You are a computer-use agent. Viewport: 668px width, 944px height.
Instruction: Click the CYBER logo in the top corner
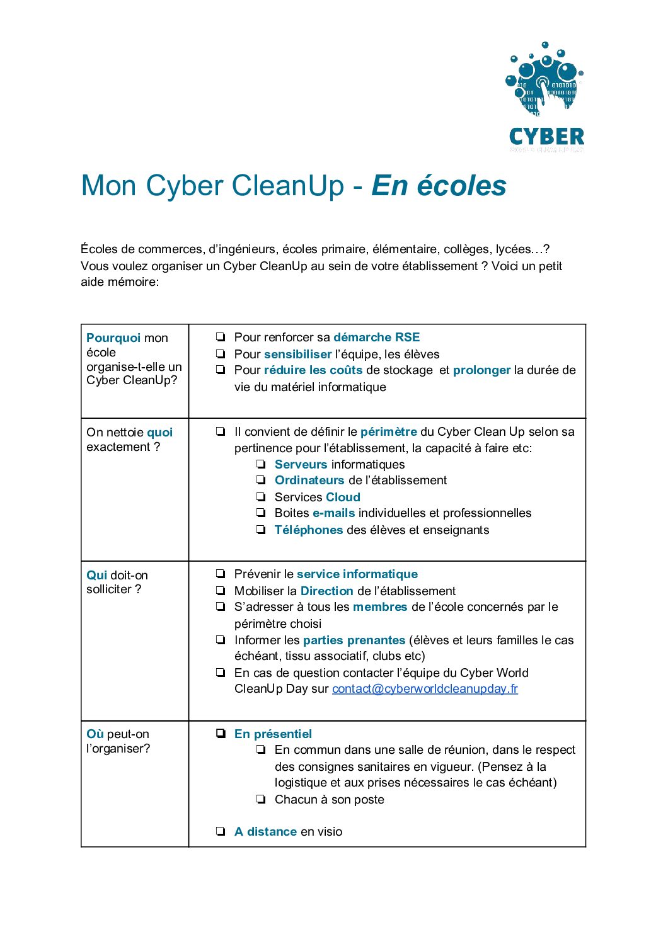pyautogui.click(x=546, y=97)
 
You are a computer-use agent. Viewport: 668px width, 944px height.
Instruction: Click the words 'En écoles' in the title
pyautogui.click(x=439, y=186)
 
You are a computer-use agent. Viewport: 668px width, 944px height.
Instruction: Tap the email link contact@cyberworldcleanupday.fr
pyautogui.click(x=425, y=689)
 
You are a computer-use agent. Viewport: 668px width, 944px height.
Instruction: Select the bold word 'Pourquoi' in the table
pyautogui.click(x=113, y=338)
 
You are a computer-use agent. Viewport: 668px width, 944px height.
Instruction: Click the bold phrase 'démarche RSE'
pyautogui.click(x=376, y=337)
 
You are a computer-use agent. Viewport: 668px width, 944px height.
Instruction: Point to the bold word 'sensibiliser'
pyautogui.click(x=297, y=354)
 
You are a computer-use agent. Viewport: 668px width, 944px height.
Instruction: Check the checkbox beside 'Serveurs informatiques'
pyautogui.click(x=261, y=464)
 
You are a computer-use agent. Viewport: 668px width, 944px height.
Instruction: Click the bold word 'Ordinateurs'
pyautogui.click(x=309, y=480)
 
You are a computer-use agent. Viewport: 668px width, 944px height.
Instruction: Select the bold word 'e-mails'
pyautogui.click(x=333, y=513)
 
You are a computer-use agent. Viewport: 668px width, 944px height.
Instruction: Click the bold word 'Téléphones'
pyautogui.click(x=309, y=530)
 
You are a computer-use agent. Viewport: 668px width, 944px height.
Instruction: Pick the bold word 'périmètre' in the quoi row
pyautogui.click(x=388, y=431)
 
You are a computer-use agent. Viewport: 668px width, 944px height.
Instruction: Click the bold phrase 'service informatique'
pyautogui.click(x=357, y=574)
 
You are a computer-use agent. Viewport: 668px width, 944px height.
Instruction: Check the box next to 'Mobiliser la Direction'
pyautogui.click(x=221, y=591)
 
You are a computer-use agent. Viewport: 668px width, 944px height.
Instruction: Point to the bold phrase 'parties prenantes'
pyautogui.click(x=354, y=640)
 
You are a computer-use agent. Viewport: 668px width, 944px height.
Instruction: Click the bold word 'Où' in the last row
pyautogui.click(x=95, y=734)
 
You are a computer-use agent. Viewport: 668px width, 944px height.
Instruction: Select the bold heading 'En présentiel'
pyautogui.click(x=273, y=734)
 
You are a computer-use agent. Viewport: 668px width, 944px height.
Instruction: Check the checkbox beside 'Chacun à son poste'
pyautogui.click(x=261, y=799)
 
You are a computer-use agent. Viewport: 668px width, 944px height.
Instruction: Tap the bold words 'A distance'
pyautogui.click(x=265, y=831)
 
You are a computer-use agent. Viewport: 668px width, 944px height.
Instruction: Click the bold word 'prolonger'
pyautogui.click(x=481, y=370)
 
